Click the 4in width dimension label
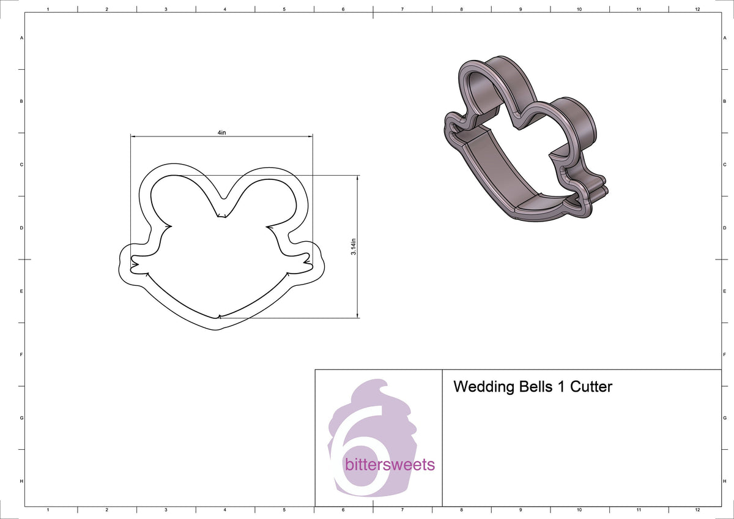click(x=221, y=133)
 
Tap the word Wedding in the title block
click(x=482, y=387)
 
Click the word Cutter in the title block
click(x=591, y=387)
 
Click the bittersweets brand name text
click(x=390, y=465)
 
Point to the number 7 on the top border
click(x=402, y=9)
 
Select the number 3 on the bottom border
click(x=166, y=509)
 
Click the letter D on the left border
click(x=22, y=228)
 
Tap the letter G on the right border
click(x=725, y=418)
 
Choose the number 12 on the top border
click(x=697, y=9)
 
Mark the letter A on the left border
click(x=22, y=38)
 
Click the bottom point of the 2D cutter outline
click(x=218, y=329)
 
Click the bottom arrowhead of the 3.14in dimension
click(x=357, y=316)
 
